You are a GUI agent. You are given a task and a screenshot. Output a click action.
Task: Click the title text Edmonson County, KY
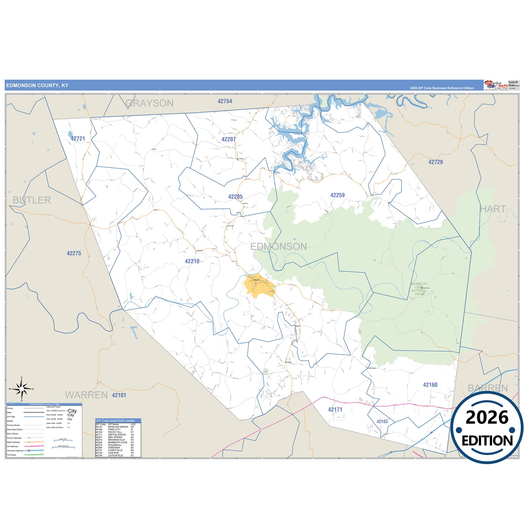pyautogui.click(x=37, y=86)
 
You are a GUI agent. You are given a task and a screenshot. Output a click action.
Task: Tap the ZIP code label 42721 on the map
pyautogui.click(x=78, y=139)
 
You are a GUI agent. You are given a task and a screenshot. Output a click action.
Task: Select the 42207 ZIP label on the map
pyautogui.click(x=228, y=139)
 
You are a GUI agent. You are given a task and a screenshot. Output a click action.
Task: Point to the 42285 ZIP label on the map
pyautogui.click(x=235, y=197)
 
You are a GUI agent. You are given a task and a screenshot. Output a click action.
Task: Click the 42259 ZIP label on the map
pyautogui.click(x=337, y=195)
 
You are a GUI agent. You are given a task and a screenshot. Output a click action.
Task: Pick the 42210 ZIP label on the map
pyautogui.click(x=192, y=261)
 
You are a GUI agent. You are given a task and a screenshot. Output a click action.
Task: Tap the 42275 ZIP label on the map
pyautogui.click(x=74, y=253)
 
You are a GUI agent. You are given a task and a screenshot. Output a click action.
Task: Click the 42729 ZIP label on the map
pyautogui.click(x=436, y=162)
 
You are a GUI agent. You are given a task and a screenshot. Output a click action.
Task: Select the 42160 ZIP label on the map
pyautogui.click(x=430, y=385)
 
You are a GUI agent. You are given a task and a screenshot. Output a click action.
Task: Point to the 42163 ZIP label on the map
pyautogui.click(x=382, y=421)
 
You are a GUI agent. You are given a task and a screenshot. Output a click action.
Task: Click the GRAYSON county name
pyautogui.click(x=149, y=103)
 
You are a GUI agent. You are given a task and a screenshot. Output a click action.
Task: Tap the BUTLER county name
pyautogui.click(x=32, y=200)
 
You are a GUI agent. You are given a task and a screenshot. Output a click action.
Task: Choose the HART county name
pyautogui.click(x=493, y=209)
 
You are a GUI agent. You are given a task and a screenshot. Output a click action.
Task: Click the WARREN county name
pyautogui.click(x=86, y=395)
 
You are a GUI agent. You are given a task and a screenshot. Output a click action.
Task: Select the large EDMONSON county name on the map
pyautogui.click(x=278, y=247)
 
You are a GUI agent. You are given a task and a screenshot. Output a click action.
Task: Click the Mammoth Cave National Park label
pyautogui.click(x=419, y=289)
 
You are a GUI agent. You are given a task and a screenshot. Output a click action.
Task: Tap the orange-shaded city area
pyautogui.click(x=259, y=286)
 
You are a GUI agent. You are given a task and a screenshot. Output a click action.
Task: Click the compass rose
pyautogui.click(x=22, y=389)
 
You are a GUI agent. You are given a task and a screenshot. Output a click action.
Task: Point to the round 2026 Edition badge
pyautogui.click(x=487, y=428)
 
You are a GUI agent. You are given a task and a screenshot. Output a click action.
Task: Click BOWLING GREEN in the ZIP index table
pyautogui.click(x=118, y=427)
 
